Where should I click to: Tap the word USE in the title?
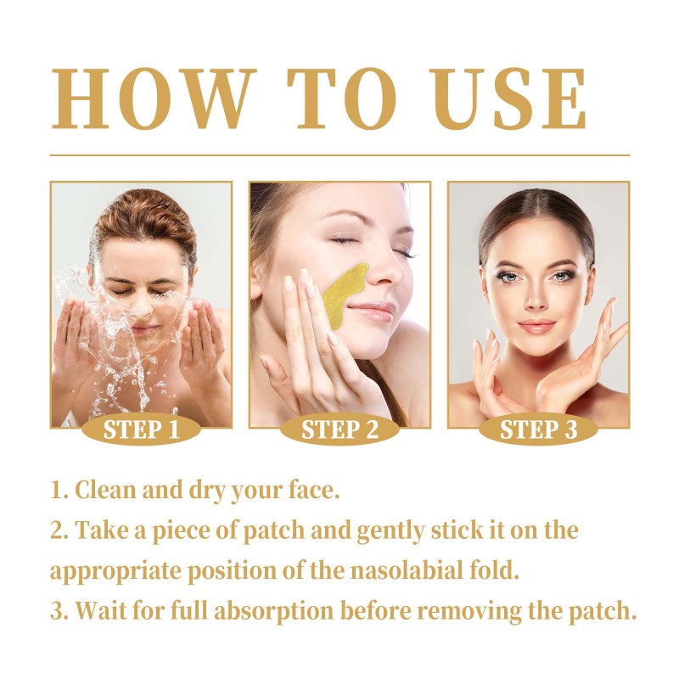[x=508, y=98]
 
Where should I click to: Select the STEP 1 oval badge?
[x=141, y=429]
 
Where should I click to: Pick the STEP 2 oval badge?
[x=339, y=429]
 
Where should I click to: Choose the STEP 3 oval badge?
[x=538, y=429]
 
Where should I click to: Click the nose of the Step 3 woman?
[x=536, y=299]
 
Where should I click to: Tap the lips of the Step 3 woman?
[x=536, y=325]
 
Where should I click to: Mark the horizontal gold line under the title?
[x=339, y=154]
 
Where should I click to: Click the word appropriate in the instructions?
[x=115, y=571]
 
